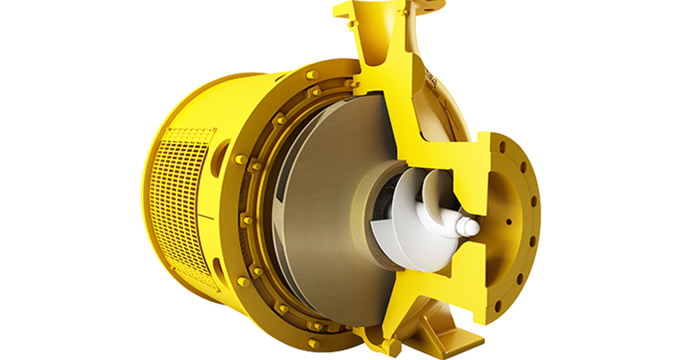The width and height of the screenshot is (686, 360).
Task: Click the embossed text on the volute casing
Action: [432, 77]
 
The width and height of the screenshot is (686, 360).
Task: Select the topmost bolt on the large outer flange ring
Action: [312, 75]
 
